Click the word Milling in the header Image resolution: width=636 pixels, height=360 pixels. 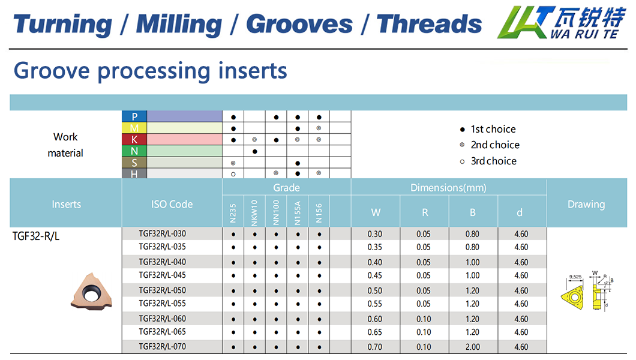pyautogui.click(x=179, y=24)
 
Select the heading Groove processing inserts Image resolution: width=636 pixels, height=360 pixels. pyautogui.click(x=150, y=71)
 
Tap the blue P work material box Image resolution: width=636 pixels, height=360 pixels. pyautogui.click(x=134, y=116)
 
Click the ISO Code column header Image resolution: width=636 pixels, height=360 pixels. pyautogui.click(x=172, y=204)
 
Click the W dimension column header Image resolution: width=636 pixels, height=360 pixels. pyautogui.click(x=376, y=212)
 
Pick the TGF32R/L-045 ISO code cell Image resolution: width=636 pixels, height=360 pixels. pyautogui.click(x=162, y=275)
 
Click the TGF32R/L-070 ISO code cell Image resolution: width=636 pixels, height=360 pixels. pyautogui.click(x=162, y=346)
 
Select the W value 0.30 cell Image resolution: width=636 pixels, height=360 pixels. pyautogui.click(x=375, y=234)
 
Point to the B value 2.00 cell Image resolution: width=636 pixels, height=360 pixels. pyautogui.click(x=473, y=347)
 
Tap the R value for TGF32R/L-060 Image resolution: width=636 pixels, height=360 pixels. pyautogui.click(x=424, y=319)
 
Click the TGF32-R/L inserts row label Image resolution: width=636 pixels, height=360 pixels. pyautogui.click(x=36, y=236)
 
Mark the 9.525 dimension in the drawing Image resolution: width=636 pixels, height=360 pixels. pyautogui.click(x=576, y=278)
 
